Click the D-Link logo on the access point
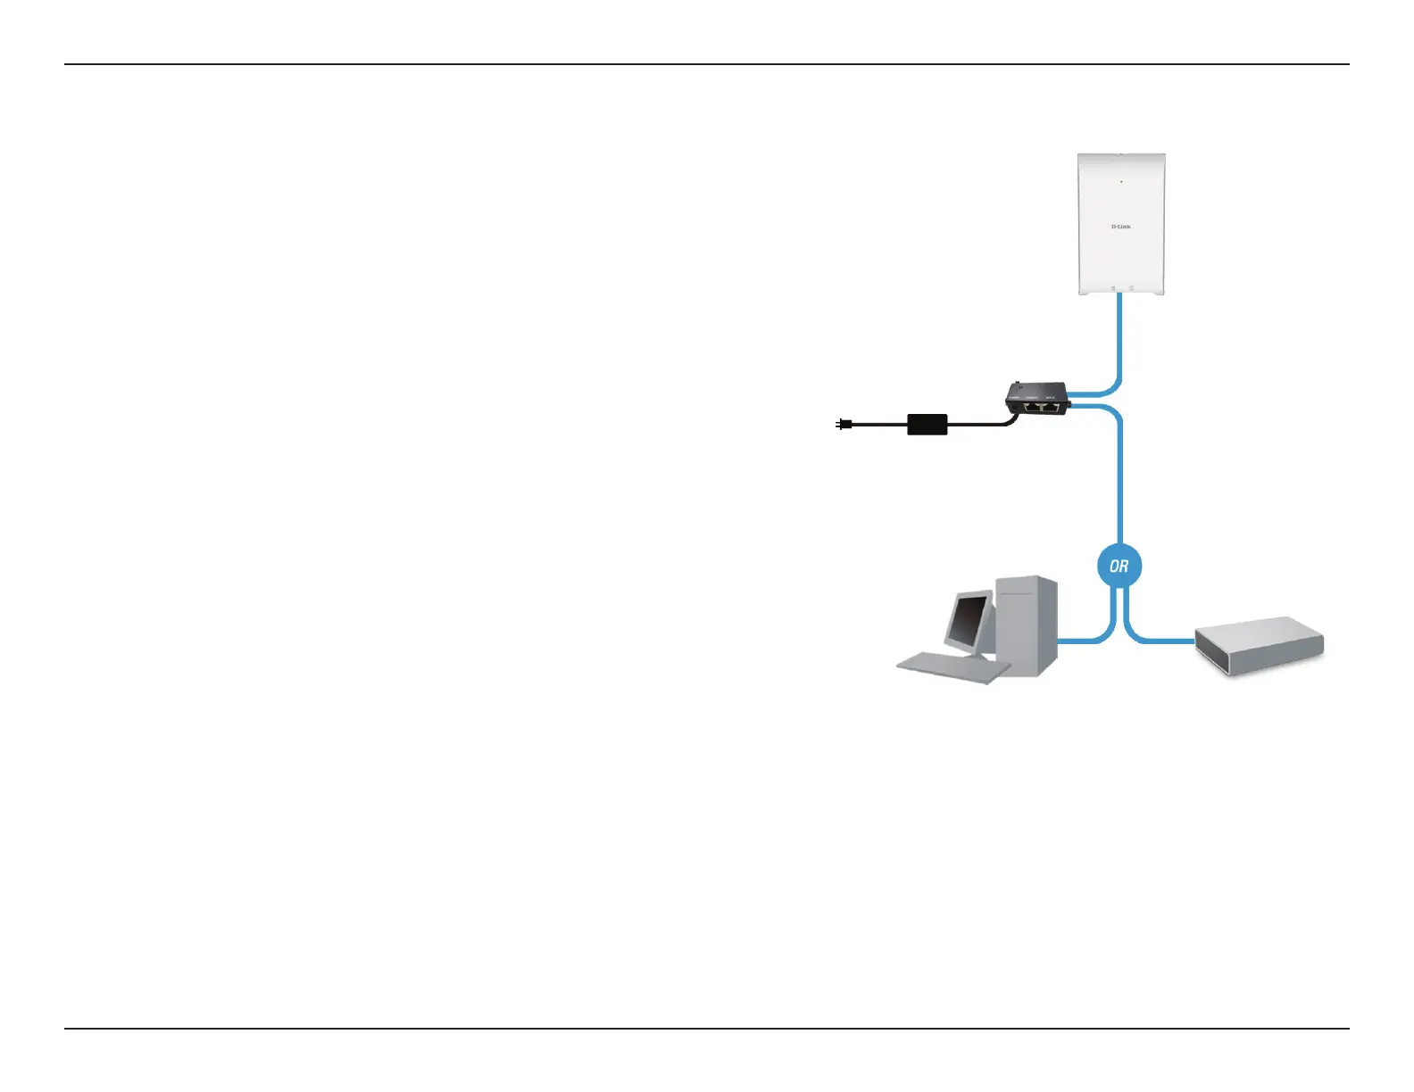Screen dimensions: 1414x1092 point(1120,227)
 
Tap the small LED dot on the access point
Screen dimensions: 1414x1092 point(1121,181)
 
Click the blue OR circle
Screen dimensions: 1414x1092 point(1119,566)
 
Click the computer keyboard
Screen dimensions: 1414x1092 point(952,667)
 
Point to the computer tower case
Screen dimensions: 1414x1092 point(1028,625)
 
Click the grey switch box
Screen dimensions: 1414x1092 point(1259,646)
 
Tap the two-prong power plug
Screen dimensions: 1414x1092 point(843,425)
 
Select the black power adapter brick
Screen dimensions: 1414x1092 point(927,424)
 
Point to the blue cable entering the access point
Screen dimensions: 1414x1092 point(1119,330)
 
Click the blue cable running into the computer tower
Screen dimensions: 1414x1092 point(1082,640)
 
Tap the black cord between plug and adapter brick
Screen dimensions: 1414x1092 point(879,425)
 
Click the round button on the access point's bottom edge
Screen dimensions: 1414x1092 point(1131,288)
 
